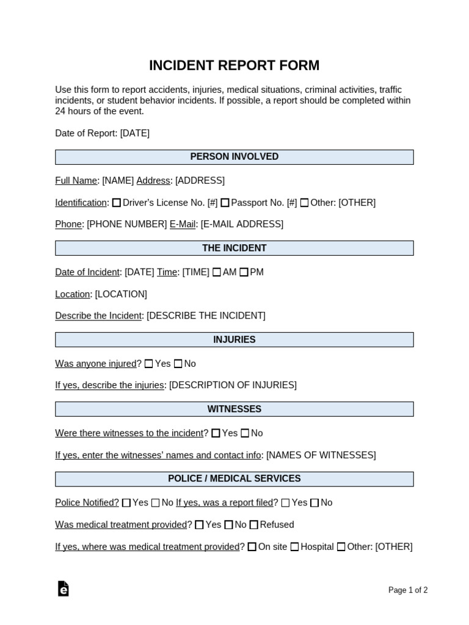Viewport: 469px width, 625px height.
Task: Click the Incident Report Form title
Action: (234, 65)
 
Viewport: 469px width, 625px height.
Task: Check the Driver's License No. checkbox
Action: (117, 203)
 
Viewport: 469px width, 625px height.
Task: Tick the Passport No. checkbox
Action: (225, 203)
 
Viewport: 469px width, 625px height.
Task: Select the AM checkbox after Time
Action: (217, 272)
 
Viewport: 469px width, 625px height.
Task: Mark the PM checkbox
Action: (244, 272)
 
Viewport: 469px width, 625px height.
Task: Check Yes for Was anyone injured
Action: (148, 364)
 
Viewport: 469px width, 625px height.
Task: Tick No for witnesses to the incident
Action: (245, 433)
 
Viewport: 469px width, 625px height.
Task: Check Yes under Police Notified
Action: (126, 503)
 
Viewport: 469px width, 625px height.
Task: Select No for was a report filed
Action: (314, 503)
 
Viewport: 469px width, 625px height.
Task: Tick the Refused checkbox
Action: (254, 525)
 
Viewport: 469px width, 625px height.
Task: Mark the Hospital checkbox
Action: (294, 547)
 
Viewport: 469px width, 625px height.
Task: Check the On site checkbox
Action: (252, 547)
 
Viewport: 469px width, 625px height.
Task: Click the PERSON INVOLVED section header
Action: (234, 157)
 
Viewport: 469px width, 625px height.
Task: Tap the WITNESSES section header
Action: (234, 409)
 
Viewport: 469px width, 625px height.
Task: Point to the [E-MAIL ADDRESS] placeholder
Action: (242, 224)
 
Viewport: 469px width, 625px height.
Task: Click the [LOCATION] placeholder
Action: (121, 294)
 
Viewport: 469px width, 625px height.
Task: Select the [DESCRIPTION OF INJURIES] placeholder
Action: (233, 385)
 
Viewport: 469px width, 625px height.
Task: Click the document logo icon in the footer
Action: (63, 588)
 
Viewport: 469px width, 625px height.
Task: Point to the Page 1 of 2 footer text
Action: (408, 590)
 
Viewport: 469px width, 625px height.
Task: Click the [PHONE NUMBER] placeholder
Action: (126, 224)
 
